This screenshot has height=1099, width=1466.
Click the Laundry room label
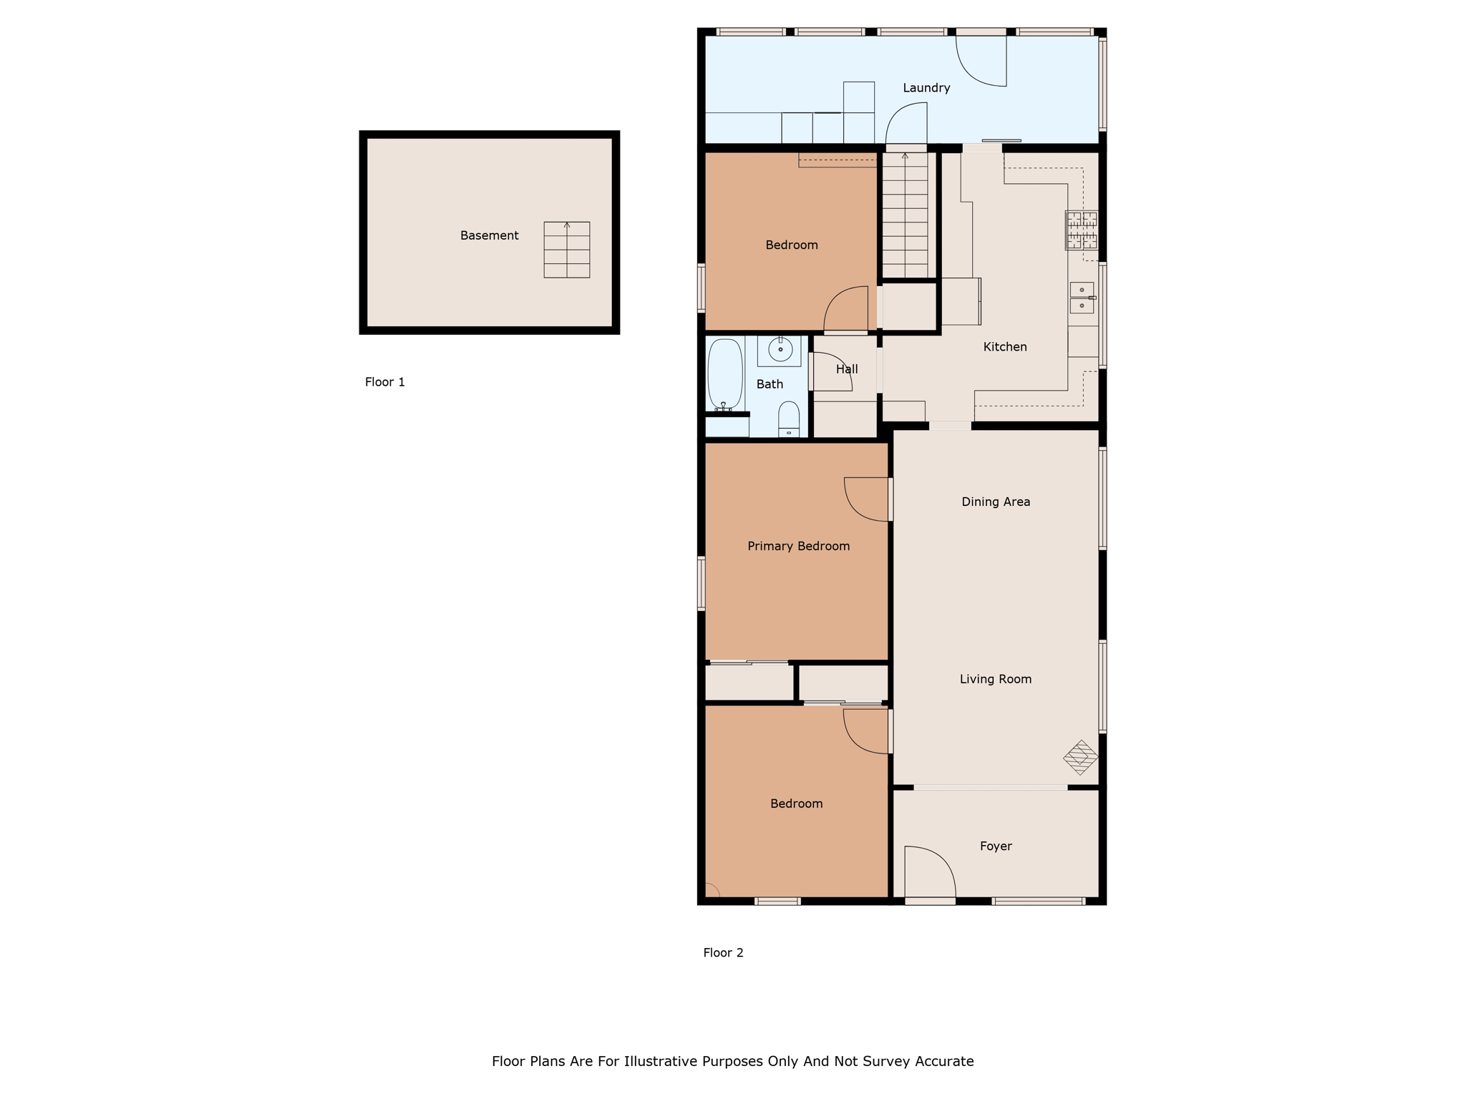coord(926,88)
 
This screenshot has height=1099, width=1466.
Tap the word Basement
coord(489,235)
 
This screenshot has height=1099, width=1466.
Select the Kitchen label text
coord(1005,347)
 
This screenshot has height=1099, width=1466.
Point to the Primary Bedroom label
coord(799,547)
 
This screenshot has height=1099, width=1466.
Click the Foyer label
coord(996,846)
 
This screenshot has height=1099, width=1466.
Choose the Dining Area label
coord(996,502)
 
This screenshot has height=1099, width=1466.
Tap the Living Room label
coord(996,680)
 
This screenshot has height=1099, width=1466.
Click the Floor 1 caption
coord(385,382)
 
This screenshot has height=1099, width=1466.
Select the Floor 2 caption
coord(723,953)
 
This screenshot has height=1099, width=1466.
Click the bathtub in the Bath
coord(725,374)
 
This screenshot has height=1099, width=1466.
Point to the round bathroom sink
coord(780,349)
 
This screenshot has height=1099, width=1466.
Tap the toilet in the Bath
coord(789,419)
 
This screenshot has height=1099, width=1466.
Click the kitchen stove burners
coord(1082,230)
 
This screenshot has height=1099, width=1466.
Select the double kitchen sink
coord(1082,298)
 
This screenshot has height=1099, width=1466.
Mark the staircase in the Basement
coord(567,250)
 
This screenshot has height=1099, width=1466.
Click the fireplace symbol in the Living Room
coord(1081,757)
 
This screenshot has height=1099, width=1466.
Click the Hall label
coord(847,369)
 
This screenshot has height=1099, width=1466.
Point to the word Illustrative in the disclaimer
coord(661,1062)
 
